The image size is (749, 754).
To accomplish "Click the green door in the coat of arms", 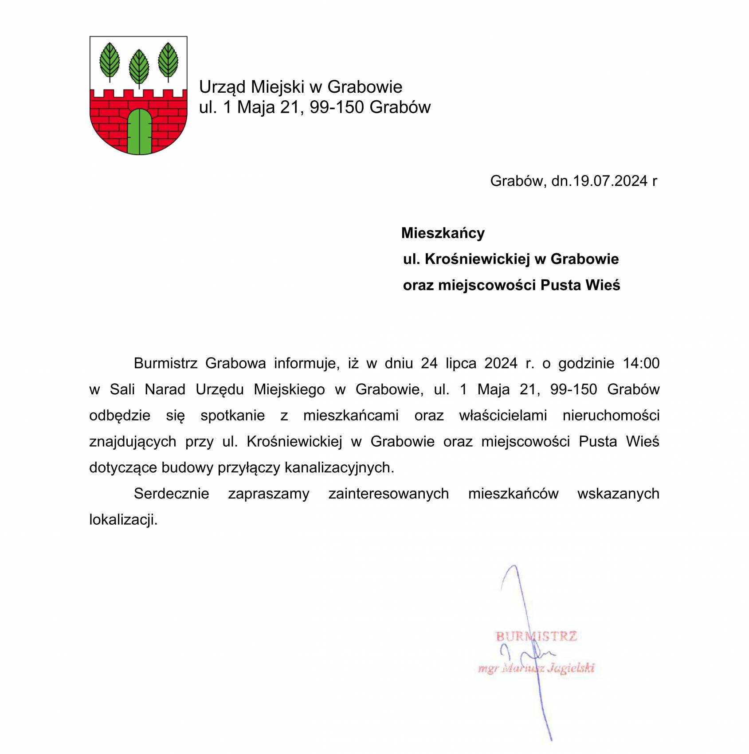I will tap(139, 132).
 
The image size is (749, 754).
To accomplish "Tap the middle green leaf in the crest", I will tap(139, 67).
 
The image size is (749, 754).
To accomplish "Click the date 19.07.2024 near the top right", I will tap(610, 181).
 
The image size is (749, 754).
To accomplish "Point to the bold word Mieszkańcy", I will tap(443, 233).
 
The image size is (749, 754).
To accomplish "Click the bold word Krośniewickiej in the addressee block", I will tap(477, 259).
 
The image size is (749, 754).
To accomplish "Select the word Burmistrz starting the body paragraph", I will tap(165, 363).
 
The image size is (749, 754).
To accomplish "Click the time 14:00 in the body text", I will tap(641, 363).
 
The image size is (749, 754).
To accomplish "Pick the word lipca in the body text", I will tap(461, 363).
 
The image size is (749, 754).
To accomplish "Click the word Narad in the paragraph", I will tap(165, 389).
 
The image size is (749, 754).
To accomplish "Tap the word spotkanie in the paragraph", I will tap(232, 416).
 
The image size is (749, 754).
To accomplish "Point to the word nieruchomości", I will tap(611, 416).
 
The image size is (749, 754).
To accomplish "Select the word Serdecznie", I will tap(171, 494).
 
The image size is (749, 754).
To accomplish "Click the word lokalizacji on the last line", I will tap(123, 520).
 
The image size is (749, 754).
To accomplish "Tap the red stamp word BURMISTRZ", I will tap(536, 637).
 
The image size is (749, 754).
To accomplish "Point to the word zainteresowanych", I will tap(388, 494).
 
